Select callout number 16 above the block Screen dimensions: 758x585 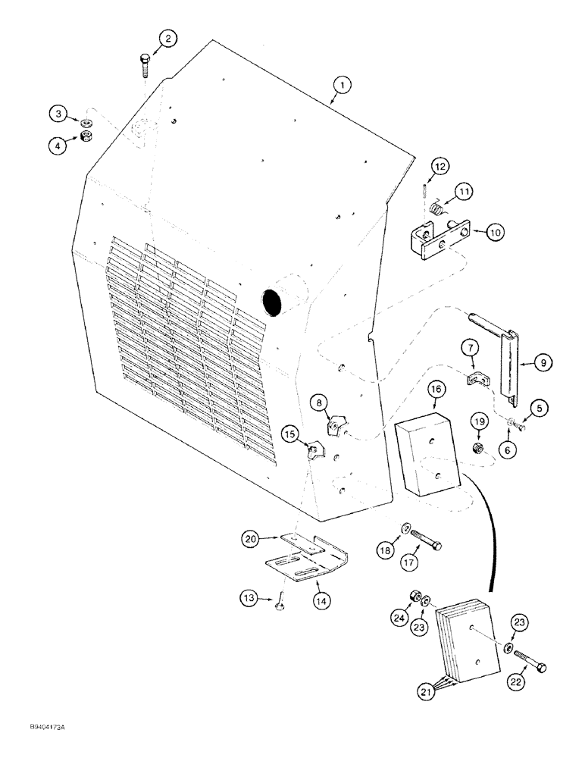click(435, 390)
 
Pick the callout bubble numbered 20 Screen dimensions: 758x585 click(250, 539)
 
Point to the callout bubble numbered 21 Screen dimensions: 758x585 click(407, 691)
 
